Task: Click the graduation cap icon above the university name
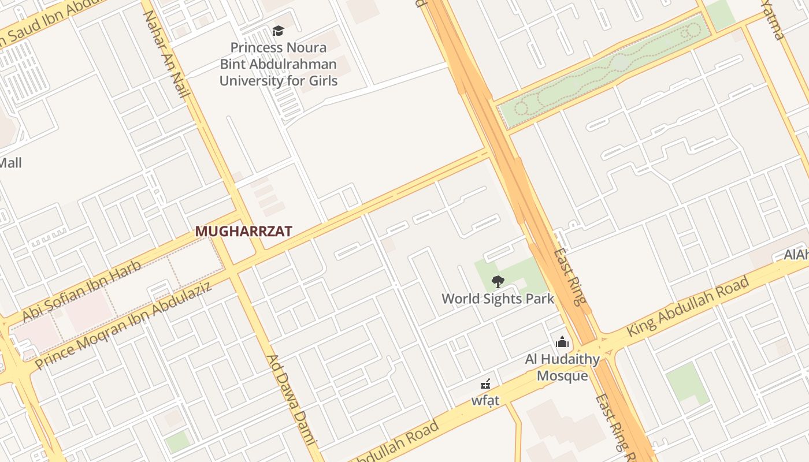tap(279, 31)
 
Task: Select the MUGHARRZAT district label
tap(243, 232)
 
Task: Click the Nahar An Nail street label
tap(166, 53)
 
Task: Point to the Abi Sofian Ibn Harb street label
tap(81, 292)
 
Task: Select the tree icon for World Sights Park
tap(498, 282)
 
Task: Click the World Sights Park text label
tap(498, 299)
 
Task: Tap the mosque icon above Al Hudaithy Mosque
tap(562, 342)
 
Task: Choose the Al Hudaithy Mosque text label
tap(562, 367)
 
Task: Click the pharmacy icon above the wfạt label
tap(485, 383)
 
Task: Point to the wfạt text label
tap(485, 400)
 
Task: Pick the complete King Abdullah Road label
tap(688, 307)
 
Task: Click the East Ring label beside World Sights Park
tap(570, 277)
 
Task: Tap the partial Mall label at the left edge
tap(10, 163)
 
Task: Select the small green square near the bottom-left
tap(177, 442)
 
